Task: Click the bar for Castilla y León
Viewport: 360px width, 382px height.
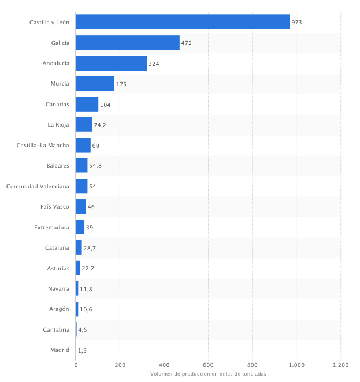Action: (183, 22)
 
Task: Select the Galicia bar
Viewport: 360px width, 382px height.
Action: (128, 43)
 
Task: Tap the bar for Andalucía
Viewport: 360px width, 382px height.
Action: (112, 63)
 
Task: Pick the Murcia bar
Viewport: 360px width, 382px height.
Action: (95, 84)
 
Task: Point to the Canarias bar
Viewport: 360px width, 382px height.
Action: (87, 104)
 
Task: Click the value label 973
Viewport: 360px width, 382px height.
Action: (297, 23)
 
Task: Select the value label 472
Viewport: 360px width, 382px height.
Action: (186, 43)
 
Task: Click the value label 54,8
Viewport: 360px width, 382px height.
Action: (95, 166)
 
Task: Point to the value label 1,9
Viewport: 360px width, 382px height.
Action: (82, 350)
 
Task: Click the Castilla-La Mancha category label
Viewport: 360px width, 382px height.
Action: (43, 145)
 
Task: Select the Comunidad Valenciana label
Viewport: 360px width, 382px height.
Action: (38, 186)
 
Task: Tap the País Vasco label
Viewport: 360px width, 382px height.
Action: (55, 206)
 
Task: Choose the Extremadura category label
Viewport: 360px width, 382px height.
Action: (51, 227)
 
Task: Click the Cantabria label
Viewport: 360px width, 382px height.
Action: (56, 329)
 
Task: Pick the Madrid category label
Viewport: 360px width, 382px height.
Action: (60, 350)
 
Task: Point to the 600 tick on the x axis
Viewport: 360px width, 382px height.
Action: (208, 365)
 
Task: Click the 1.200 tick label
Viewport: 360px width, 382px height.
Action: (340, 365)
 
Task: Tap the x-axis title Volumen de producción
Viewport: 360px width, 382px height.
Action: (208, 374)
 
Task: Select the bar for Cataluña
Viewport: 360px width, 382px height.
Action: (79, 247)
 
